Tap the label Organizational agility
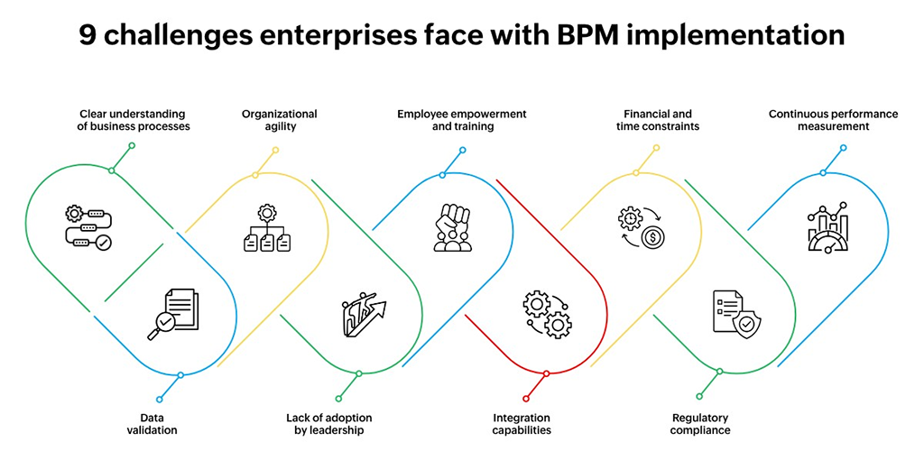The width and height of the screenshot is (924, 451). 279,120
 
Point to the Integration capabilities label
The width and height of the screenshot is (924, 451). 522,424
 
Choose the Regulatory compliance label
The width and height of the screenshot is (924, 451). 700,424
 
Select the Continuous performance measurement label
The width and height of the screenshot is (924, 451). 820,120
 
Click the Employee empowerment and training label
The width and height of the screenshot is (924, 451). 462,120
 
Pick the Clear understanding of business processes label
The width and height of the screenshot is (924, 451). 134,120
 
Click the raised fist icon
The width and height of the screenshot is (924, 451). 452,227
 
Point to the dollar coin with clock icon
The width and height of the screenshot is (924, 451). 642,227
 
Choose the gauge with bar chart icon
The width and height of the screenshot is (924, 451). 827,226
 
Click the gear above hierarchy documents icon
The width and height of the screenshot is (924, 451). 267,227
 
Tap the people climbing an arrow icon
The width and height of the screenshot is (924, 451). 364,315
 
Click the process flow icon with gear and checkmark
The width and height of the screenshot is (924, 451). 88,226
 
